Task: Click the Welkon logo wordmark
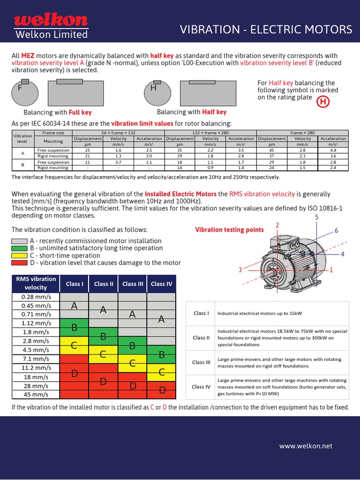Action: tap(51, 20)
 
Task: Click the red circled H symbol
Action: tap(322, 102)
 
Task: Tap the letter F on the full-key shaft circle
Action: tap(20, 88)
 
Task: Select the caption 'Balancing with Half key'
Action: tap(191, 112)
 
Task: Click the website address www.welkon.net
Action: tap(306, 446)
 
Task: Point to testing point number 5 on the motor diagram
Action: tap(316, 217)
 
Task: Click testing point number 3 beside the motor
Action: tap(240, 270)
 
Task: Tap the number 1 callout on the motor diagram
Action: tap(331, 270)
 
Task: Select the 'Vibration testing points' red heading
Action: tap(229, 230)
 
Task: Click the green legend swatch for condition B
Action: tap(19, 248)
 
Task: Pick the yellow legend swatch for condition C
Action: tap(19, 255)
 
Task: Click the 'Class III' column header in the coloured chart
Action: tap(133, 284)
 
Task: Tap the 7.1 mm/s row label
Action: tap(36, 359)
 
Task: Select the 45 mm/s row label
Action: tap(36, 394)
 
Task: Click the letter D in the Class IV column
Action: tap(162, 390)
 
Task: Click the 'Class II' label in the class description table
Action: tap(202, 337)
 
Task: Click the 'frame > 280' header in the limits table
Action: tap(302, 133)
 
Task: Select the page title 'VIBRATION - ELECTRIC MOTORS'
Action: tap(266, 30)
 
